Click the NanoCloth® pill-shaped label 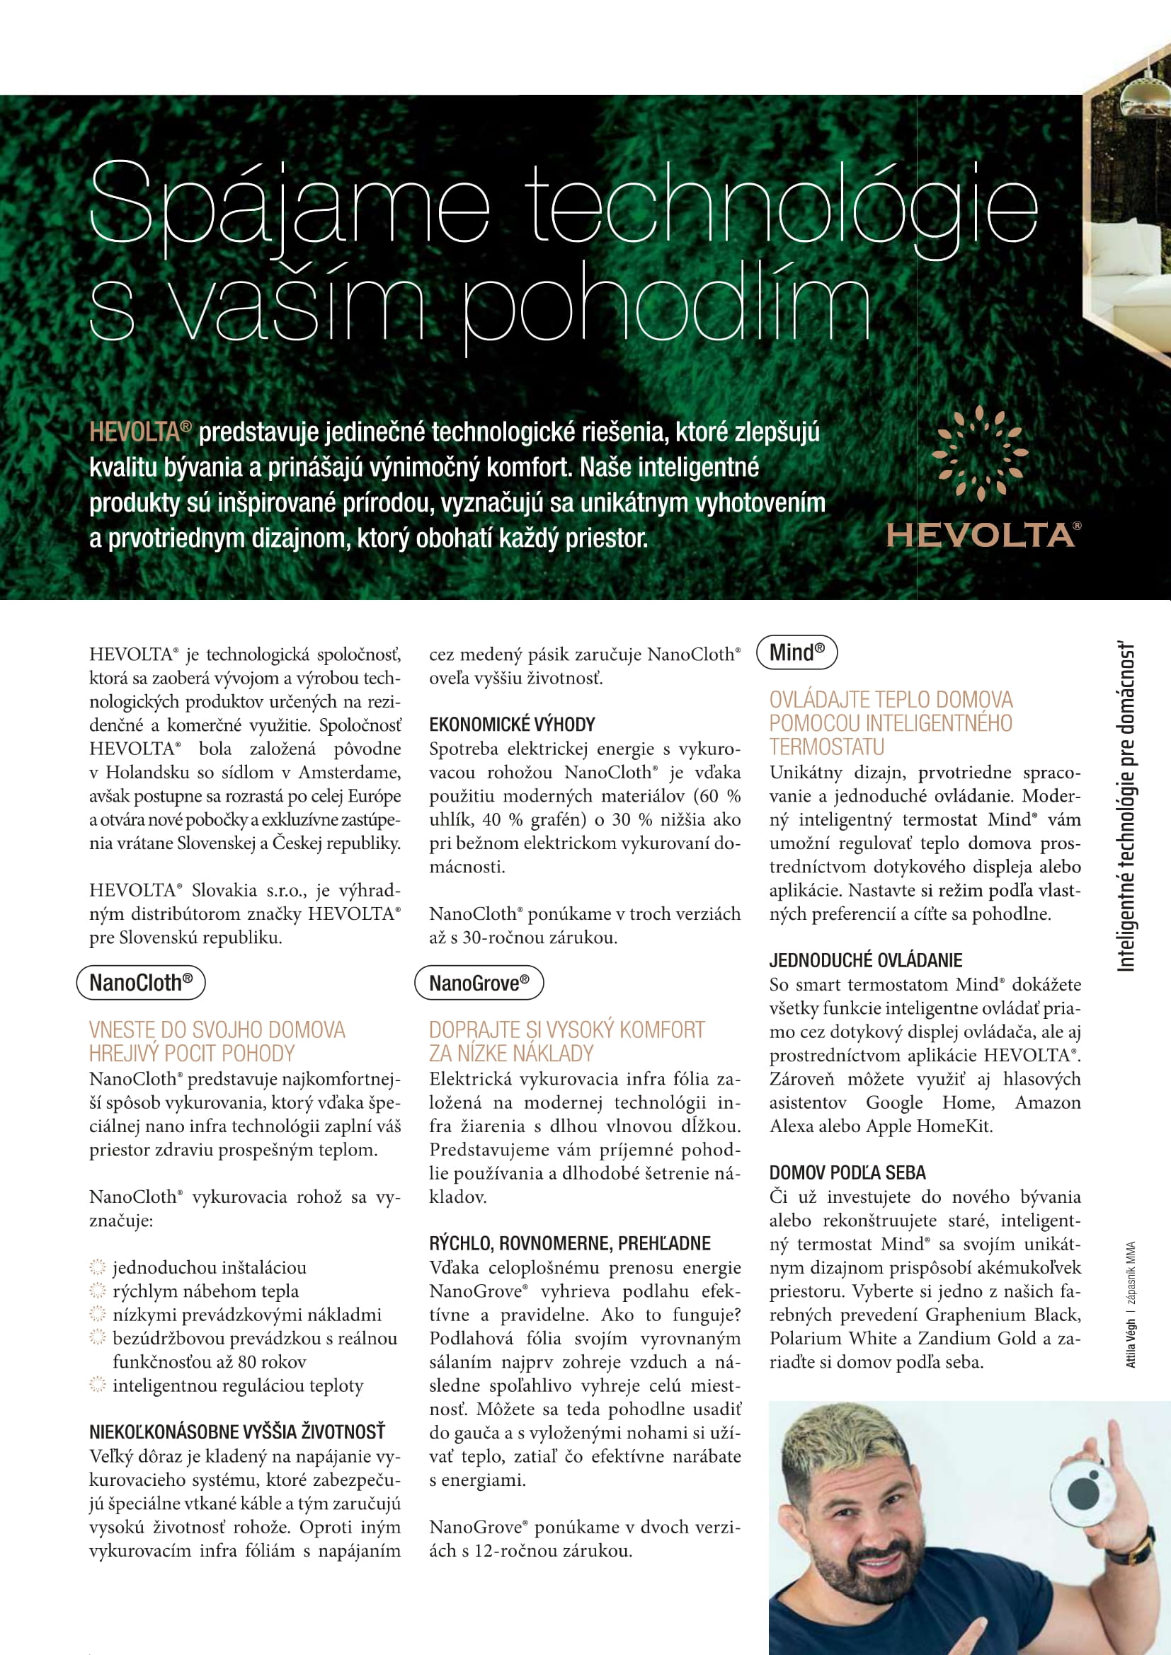coord(141,983)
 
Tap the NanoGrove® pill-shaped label coord(479,983)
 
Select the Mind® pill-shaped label coord(796,652)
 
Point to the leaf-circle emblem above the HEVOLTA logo coord(979,452)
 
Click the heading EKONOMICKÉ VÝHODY coord(512,725)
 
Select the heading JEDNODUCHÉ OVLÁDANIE coord(865,960)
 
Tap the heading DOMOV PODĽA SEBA coord(847,1172)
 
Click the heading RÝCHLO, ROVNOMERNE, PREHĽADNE coord(570,1243)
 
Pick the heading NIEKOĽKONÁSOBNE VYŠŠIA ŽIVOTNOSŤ coord(237,1431)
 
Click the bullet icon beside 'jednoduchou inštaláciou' coord(96,1267)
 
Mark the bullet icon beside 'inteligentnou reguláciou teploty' coord(96,1385)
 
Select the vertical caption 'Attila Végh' coord(1131,1343)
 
